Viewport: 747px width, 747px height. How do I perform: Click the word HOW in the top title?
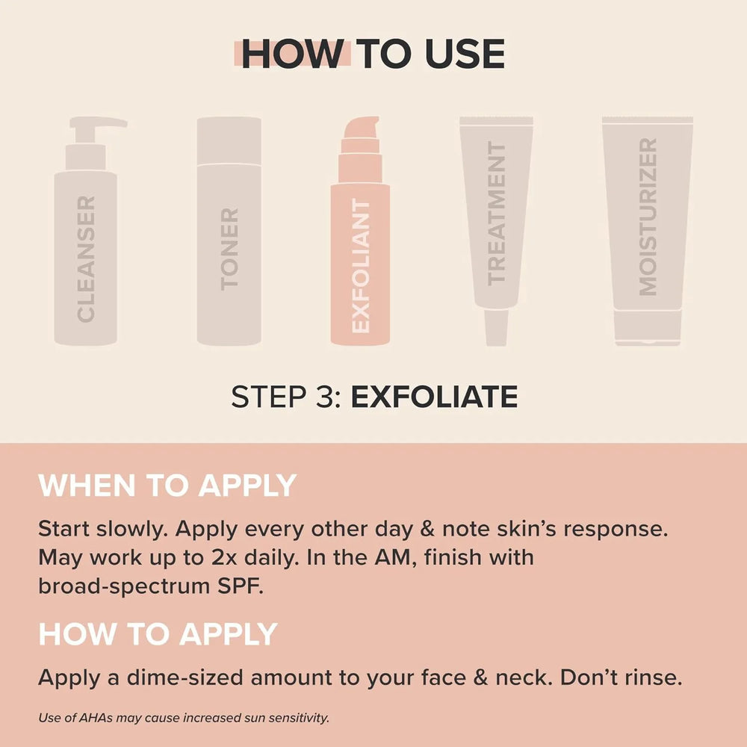(x=293, y=55)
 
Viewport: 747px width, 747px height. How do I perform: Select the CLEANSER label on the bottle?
(x=86, y=258)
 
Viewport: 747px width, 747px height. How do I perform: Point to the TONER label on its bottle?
(x=229, y=249)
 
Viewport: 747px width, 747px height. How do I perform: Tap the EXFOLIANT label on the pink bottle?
(x=361, y=266)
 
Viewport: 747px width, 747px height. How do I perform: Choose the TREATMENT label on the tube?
(x=496, y=214)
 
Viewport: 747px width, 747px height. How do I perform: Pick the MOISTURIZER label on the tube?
(x=648, y=217)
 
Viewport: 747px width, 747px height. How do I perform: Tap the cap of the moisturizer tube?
(x=648, y=327)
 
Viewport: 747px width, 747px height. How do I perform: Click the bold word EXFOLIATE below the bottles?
(x=434, y=397)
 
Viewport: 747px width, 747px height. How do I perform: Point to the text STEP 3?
(x=286, y=397)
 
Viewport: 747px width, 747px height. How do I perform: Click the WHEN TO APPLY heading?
(x=167, y=486)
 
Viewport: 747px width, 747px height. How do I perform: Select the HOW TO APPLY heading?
(x=158, y=634)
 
